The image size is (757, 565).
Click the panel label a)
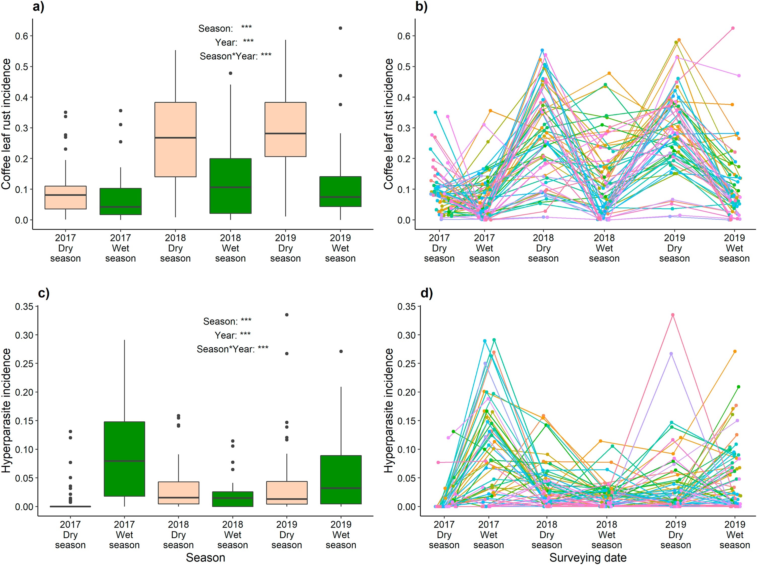coord(38,7)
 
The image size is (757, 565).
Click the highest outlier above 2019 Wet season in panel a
coord(340,28)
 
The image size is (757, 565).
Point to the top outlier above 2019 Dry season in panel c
coord(287,315)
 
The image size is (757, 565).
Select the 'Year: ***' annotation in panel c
coord(233,335)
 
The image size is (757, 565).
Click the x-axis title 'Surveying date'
coord(588,557)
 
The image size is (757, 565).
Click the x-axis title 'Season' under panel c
coord(205,557)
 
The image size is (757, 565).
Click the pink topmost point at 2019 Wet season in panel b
coord(733,28)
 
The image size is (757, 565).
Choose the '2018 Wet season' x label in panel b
coord(604,248)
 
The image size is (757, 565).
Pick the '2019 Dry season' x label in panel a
coord(285,248)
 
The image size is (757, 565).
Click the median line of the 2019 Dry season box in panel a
coord(285,133)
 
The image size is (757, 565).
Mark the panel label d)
coord(426,293)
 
